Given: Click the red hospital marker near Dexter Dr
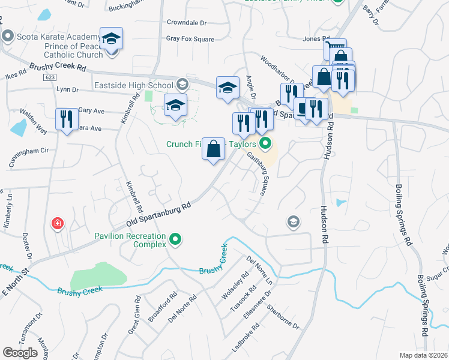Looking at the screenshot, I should (x=58, y=224).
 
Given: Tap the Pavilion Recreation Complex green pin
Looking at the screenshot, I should (x=175, y=240).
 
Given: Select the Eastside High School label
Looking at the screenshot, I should (x=133, y=86).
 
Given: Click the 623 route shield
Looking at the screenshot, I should (x=49, y=78).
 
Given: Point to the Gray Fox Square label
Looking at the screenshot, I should (x=190, y=39).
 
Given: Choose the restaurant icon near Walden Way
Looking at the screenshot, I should (x=66, y=118).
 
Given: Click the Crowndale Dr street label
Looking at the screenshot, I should (x=186, y=22).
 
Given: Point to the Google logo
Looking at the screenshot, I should (x=20, y=353).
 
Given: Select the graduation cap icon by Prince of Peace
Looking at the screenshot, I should (x=111, y=39).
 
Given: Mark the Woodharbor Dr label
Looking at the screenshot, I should (x=274, y=68).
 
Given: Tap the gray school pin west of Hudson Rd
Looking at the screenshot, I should (x=293, y=222).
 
